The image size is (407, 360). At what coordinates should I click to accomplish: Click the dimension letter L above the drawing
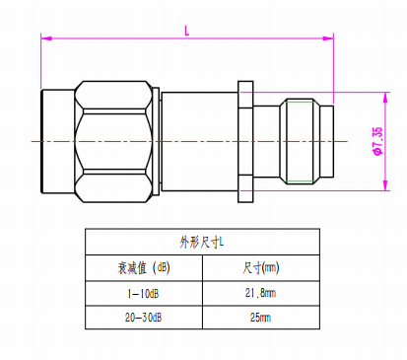point(187,31)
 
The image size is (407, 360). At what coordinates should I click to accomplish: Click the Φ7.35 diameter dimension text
point(377,141)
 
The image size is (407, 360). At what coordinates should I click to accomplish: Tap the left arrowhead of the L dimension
point(46,38)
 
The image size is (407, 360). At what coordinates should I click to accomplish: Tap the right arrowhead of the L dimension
point(328,38)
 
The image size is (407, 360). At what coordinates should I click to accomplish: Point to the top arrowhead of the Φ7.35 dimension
point(385,98)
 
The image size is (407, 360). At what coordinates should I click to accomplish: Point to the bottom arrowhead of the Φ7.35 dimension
point(385,185)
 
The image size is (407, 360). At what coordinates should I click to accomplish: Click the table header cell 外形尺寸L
point(202,243)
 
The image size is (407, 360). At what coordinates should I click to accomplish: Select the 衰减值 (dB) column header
point(144,268)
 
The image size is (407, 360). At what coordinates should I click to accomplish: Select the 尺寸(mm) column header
point(261,268)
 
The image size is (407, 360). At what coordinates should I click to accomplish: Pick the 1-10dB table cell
point(144,293)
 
